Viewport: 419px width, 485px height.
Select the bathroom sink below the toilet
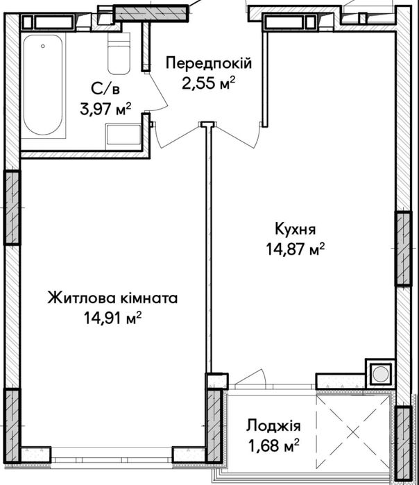[x=123, y=134]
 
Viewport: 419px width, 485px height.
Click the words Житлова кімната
[x=112, y=298]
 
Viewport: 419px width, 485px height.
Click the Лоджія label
[x=273, y=425]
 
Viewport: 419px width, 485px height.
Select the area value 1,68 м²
[x=273, y=444]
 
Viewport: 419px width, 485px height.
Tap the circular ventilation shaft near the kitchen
[x=380, y=374]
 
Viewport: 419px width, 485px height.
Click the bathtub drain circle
[x=43, y=47]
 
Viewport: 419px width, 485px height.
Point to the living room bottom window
[x=112, y=455]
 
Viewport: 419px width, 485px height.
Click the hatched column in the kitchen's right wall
[x=403, y=249]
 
